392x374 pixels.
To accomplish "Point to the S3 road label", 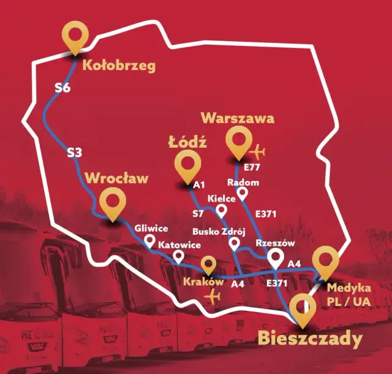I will (74, 153).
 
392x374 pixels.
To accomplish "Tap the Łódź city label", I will (187, 142).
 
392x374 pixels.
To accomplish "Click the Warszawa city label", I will (238, 117).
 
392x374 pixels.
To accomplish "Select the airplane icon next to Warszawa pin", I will (258, 151).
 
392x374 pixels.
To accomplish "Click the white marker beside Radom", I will (243, 194).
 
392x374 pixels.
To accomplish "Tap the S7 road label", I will (198, 214).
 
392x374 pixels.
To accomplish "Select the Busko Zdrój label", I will (219, 232).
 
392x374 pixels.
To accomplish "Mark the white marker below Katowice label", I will (179, 256).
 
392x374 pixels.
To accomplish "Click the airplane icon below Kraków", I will (214, 297).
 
